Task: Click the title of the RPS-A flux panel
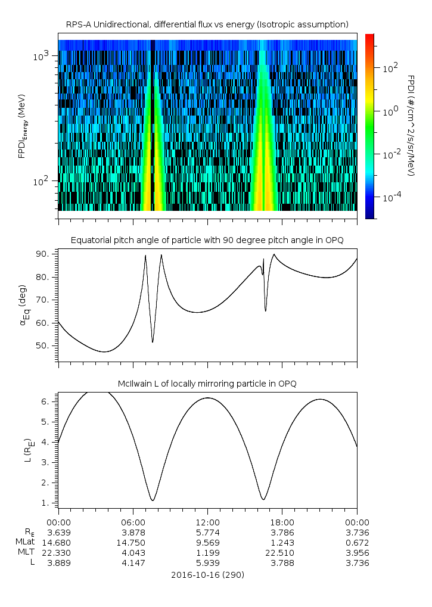pyautogui.click(x=207, y=24)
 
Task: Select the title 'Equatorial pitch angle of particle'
pyautogui.click(x=207, y=240)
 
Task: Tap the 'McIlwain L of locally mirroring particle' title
pyautogui.click(x=207, y=383)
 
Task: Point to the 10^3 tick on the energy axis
pyautogui.click(x=42, y=55)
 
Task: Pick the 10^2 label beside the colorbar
pyautogui.click(x=390, y=68)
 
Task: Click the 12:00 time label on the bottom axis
pyautogui.click(x=207, y=521)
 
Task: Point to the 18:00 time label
pyautogui.click(x=281, y=521)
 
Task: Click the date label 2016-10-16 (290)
pyautogui.click(x=207, y=575)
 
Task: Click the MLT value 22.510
pyautogui.click(x=281, y=553)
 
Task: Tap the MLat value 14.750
pyautogui.click(x=132, y=542)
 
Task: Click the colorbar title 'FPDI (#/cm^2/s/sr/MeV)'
pyautogui.click(x=411, y=125)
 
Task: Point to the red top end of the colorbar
pyautogui.click(x=369, y=37)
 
